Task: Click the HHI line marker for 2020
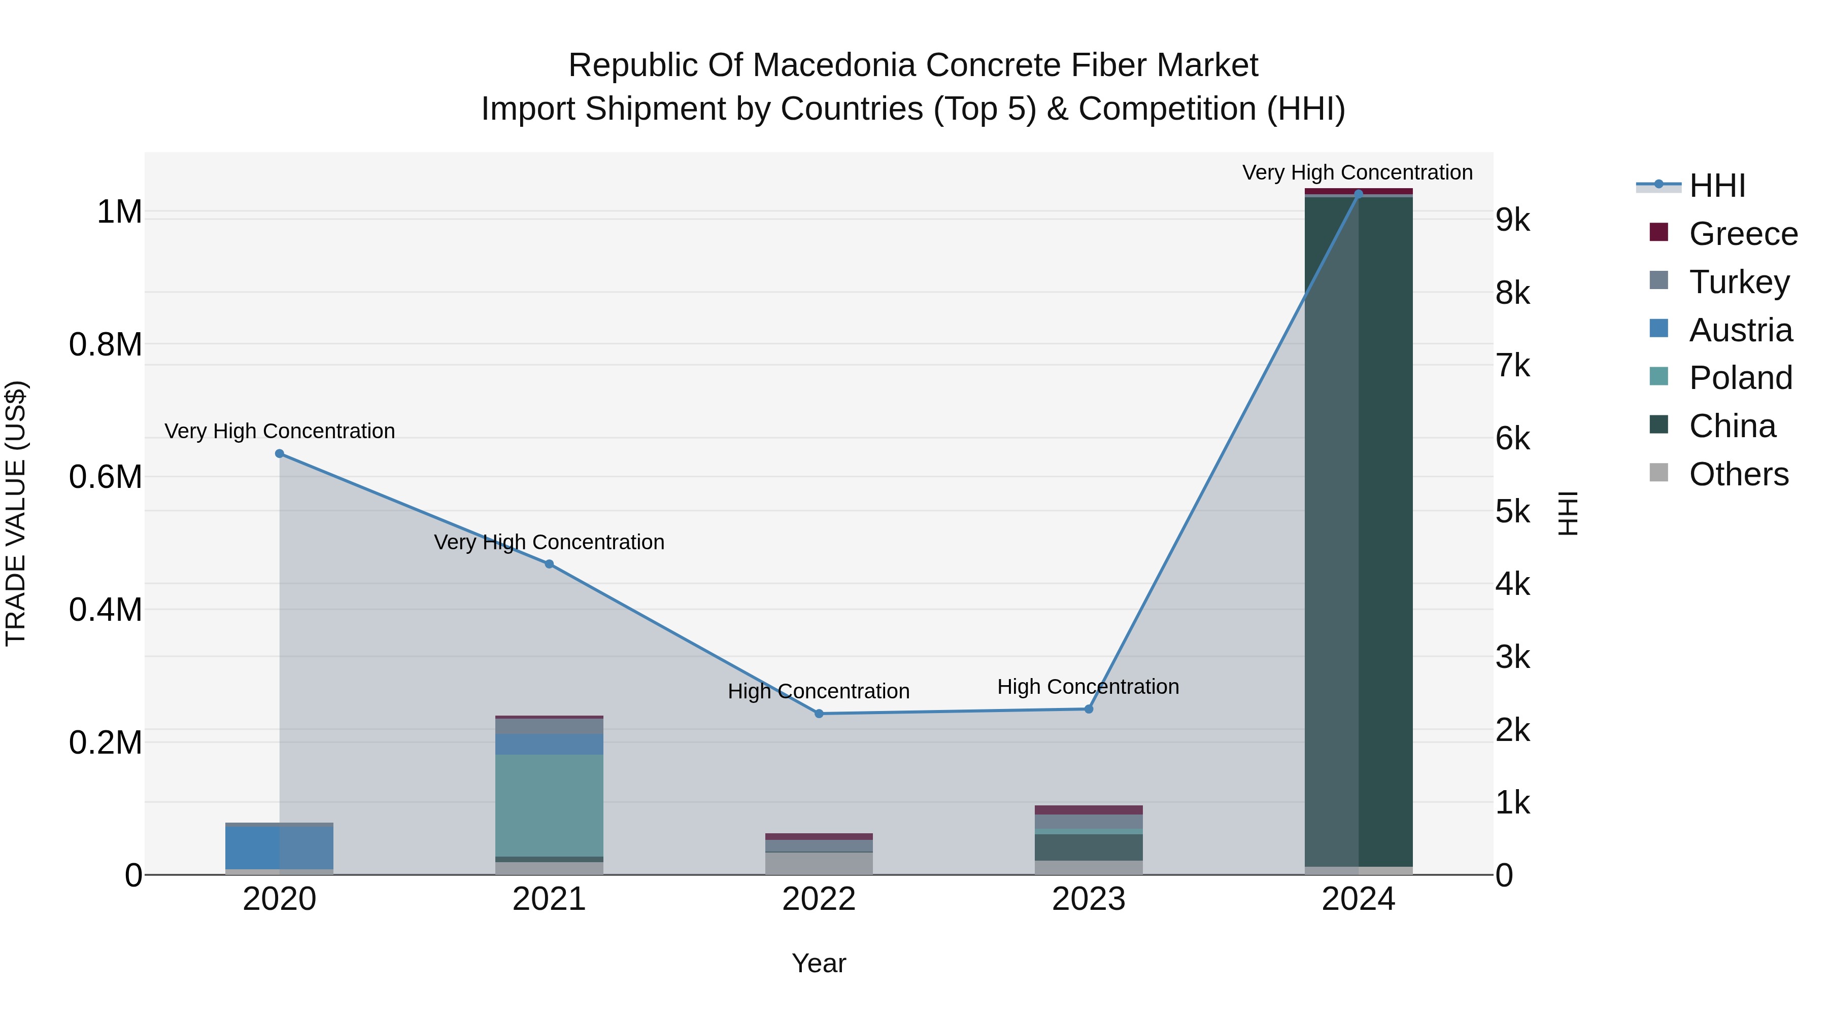point(280,453)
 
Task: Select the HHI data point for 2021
point(549,564)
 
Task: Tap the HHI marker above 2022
point(819,714)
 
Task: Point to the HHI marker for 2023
point(1089,709)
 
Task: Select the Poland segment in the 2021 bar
point(549,805)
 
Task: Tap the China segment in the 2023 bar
point(1089,847)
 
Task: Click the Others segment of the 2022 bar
point(819,863)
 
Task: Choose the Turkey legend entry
point(1739,282)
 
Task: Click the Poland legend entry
point(1741,378)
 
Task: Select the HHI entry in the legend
point(1716,186)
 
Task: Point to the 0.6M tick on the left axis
point(106,477)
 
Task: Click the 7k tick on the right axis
point(1513,367)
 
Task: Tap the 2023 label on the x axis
point(1089,899)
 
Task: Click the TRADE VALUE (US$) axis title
point(16,513)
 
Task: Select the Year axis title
point(819,963)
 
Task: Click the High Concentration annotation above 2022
point(819,691)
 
